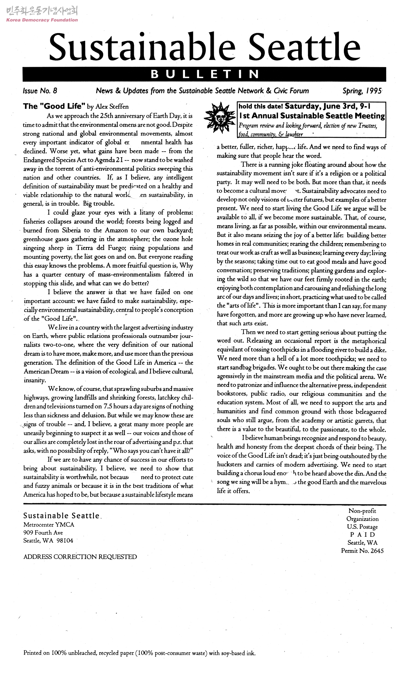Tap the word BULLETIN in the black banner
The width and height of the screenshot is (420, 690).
[x=204, y=74]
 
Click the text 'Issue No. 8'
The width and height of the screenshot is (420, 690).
[x=40, y=91]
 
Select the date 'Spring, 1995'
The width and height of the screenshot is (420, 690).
[x=362, y=91]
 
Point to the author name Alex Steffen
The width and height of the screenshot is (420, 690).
[x=112, y=107]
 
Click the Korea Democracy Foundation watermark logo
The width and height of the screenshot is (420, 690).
[x=42, y=14]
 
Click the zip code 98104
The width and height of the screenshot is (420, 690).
[x=65, y=540]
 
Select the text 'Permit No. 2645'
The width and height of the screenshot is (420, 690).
[x=362, y=551]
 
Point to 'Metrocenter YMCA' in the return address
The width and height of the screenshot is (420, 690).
[x=49, y=525]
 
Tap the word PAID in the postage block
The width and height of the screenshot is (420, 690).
[x=362, y=535]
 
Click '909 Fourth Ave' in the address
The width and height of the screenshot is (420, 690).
[x=43, y=533]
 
